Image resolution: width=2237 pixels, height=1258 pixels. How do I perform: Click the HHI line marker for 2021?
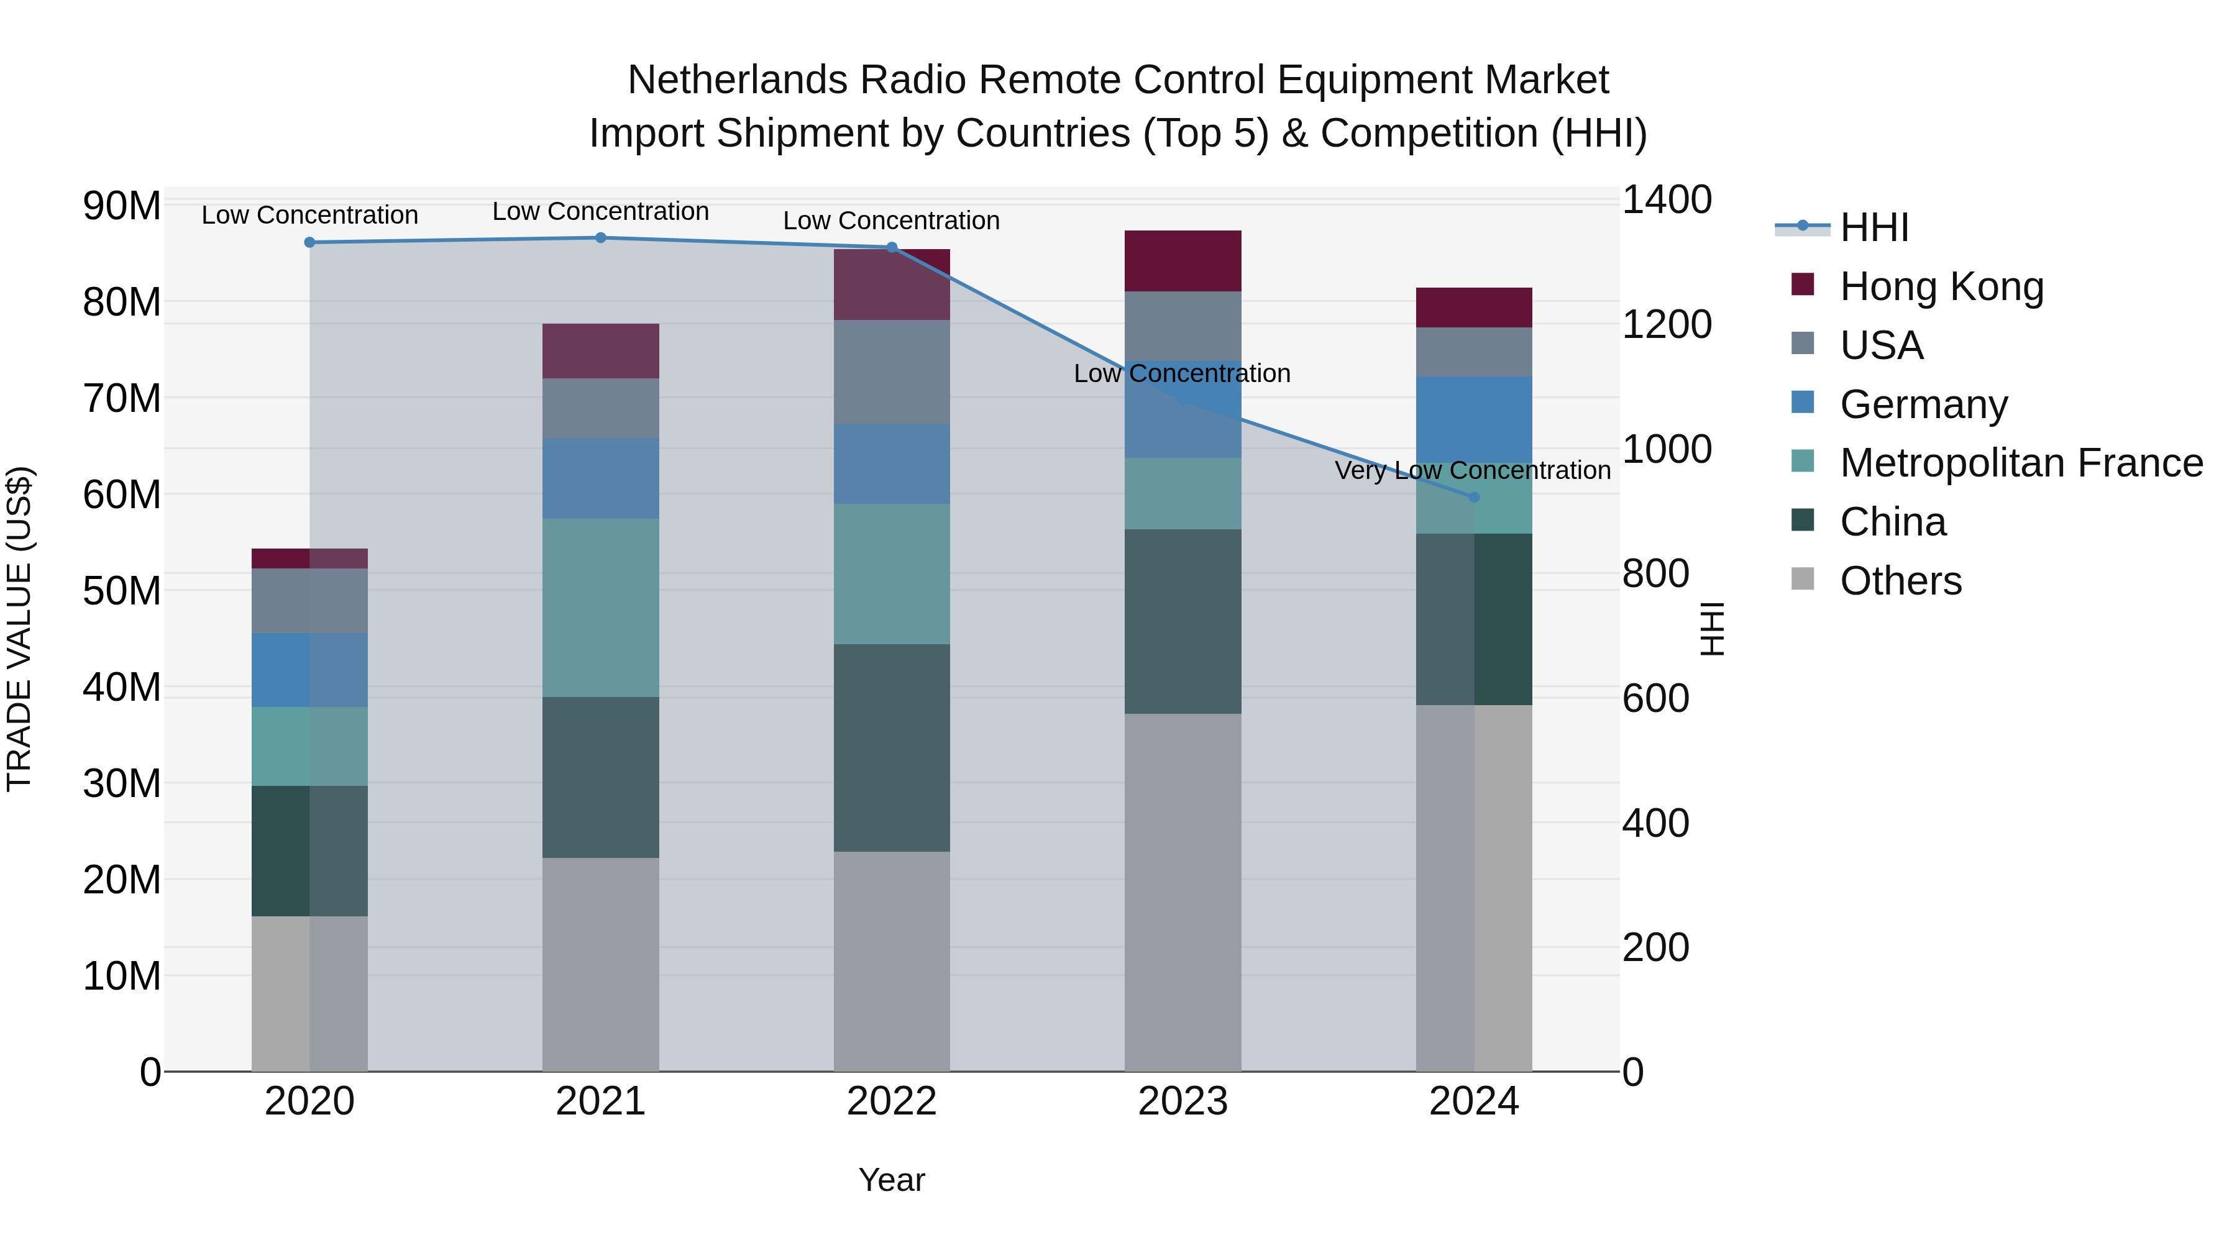pos(600,238)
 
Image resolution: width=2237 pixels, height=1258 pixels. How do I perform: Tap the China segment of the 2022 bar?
pos(891,747)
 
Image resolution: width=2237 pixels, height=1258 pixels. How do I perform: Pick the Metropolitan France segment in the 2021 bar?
pos(600,608)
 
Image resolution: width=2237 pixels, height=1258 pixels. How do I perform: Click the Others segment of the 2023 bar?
pos(1182,893)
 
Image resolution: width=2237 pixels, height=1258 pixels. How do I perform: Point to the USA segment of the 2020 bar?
pos(309,601)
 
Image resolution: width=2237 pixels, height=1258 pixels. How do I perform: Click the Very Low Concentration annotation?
pos(1472,470)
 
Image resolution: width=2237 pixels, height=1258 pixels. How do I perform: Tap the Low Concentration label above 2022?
pos(891,221)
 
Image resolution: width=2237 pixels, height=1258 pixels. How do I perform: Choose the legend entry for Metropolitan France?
pos(2021,463)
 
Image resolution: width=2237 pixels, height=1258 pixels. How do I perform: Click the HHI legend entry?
pos(1874,227)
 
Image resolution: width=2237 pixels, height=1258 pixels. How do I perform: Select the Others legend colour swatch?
pos(1803,579)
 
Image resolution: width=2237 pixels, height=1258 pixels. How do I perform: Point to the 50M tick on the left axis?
pos(122,591)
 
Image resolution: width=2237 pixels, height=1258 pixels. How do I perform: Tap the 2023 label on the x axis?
pos(1182,1101)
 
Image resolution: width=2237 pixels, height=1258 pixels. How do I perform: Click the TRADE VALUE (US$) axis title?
pos(19,629)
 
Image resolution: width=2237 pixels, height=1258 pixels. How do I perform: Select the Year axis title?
pos(891,1180)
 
